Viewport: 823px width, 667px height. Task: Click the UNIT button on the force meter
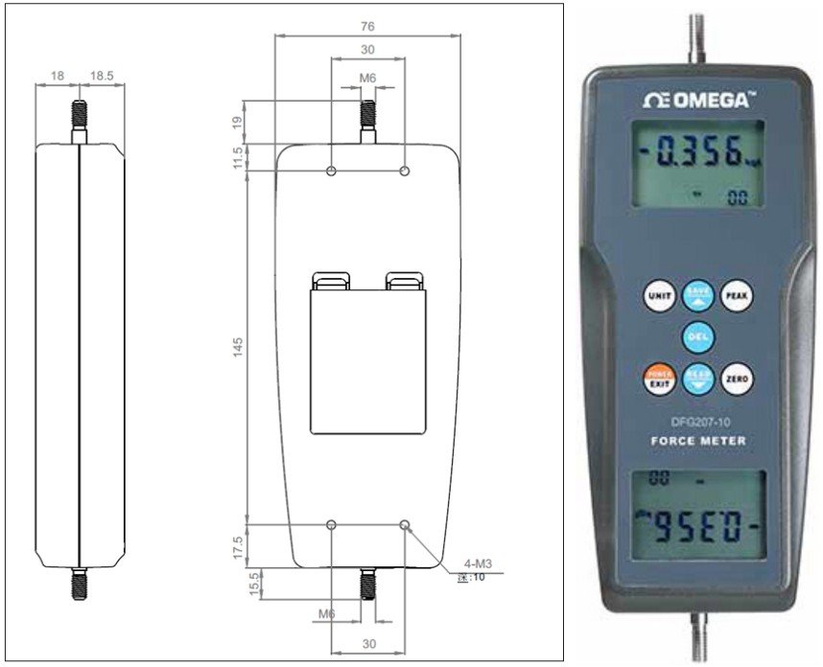[659, 296]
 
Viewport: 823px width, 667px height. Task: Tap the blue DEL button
[697, 337]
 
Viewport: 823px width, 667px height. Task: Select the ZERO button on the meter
[736, 379]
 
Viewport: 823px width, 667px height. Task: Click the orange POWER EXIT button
[659, 379]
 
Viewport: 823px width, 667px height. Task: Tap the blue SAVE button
[697, 296]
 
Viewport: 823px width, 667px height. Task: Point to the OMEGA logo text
[697, 100]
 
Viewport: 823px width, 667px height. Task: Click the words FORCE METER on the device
[697, 441]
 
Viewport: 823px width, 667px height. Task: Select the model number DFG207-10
[697, 421]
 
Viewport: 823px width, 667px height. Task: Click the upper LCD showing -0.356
[697, 163]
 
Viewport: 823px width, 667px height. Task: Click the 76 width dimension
[366, 27]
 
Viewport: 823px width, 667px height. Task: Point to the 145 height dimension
[238, 345]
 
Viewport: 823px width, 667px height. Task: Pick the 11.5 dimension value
[238, 157]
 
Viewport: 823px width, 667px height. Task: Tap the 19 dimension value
[238, 122]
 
